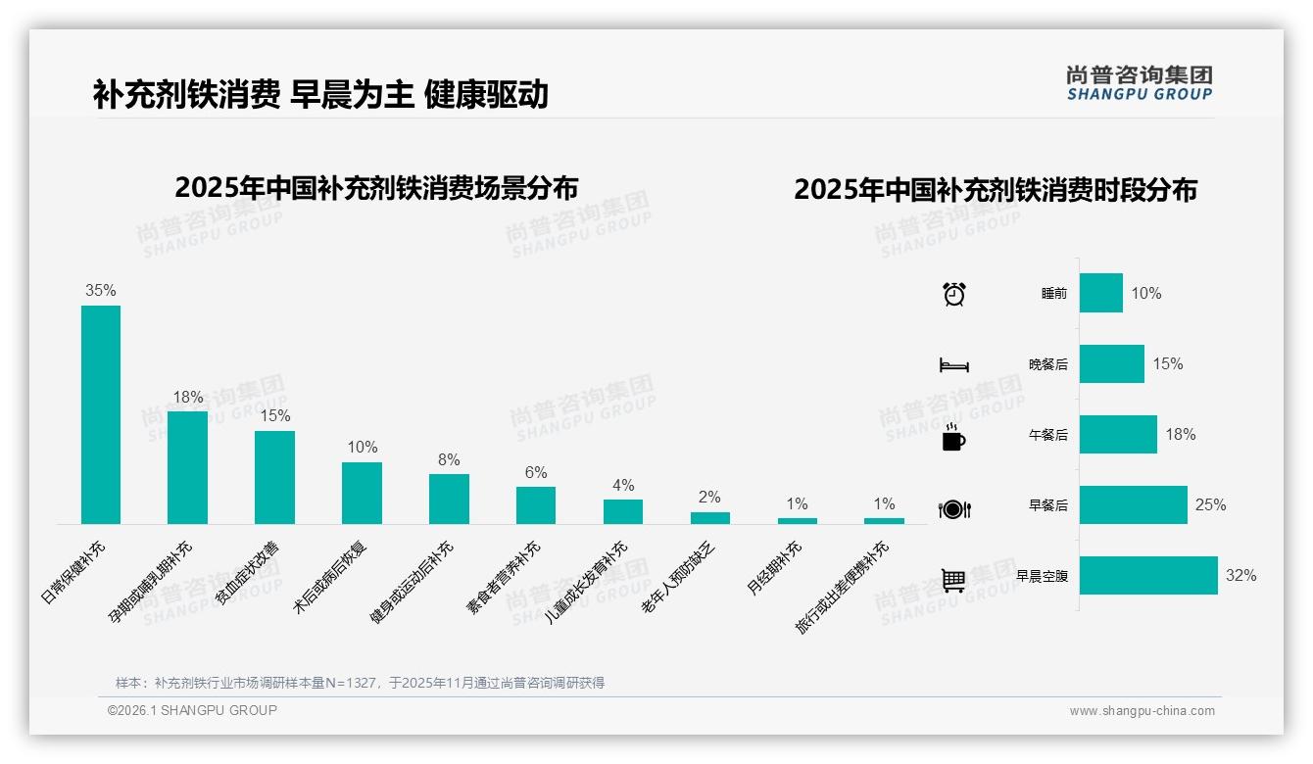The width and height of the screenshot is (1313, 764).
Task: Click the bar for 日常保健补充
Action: (101, 414)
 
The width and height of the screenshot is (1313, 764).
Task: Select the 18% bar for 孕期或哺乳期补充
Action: (187, 467)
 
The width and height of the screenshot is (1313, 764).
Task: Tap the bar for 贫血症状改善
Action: (274, 477)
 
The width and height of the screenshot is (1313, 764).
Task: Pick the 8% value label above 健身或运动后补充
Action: (449, 460)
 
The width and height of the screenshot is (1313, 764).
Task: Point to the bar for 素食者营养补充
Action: (536, 505)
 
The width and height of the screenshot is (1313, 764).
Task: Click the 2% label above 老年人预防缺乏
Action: (709, 498)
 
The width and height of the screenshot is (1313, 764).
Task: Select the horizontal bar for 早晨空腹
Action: (1148, 576)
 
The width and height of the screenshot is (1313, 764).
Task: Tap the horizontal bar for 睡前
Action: (1101, 293)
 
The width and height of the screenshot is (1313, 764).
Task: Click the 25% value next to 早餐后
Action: (1210, 505)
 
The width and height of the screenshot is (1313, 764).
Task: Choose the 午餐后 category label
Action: (1047, 435)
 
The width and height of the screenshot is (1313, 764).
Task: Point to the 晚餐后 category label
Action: (1047, 364)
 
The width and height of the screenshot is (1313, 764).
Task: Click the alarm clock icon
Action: (953, 294)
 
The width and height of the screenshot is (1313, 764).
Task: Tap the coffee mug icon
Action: (953, 438)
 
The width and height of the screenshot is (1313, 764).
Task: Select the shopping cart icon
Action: (953, 580)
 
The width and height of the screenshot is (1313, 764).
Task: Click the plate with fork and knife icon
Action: (953, 509)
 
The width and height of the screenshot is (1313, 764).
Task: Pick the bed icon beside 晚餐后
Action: (953, 365)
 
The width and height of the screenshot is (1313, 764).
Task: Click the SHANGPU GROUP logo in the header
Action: (1139, 83)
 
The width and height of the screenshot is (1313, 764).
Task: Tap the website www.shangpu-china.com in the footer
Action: (1142, 711)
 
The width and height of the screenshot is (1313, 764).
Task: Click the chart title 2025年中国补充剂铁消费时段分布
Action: (996, 190)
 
